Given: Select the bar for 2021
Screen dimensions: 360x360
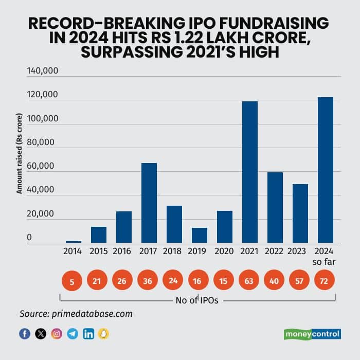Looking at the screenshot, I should tap(250, 172).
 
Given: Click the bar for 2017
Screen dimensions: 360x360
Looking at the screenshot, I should tap(149, 203).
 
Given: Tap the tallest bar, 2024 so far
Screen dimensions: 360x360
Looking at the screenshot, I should tap(325, 170).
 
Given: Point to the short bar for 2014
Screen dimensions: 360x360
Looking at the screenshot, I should tap(74, 242).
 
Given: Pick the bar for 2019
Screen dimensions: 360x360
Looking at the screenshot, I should tap(200, 235).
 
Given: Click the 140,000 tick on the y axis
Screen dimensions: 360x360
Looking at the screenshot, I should tap(44, 71).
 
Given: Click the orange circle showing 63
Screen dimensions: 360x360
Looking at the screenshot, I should tap(250, 281).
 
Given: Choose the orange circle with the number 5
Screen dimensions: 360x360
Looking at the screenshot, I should tap(73, 281).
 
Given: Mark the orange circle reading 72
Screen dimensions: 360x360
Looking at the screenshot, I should tap(325, 281).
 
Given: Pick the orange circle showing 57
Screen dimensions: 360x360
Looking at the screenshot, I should tap(299, 281).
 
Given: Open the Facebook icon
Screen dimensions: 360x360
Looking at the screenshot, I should tap(25, 333).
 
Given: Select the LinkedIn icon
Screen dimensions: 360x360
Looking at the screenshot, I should tap(88, 333).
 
